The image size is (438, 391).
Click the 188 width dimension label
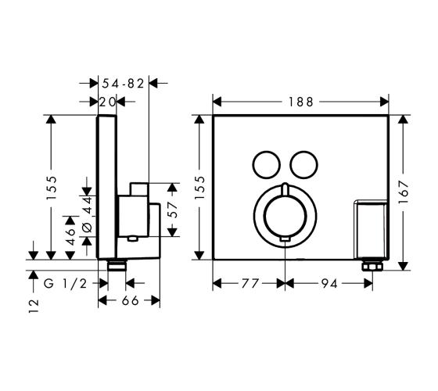point(300,102)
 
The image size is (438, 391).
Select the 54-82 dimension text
point(123,83)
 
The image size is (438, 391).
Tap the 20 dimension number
point(107,102)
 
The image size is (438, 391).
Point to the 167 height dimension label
point(404,192)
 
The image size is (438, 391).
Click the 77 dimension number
point(250,284)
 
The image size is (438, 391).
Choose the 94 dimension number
point(329,284)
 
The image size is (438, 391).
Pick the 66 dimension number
point(130,300)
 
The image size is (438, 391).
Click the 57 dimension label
point(172,210)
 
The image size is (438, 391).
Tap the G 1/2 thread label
point(66,284)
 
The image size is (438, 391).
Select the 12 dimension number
point(34,306)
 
